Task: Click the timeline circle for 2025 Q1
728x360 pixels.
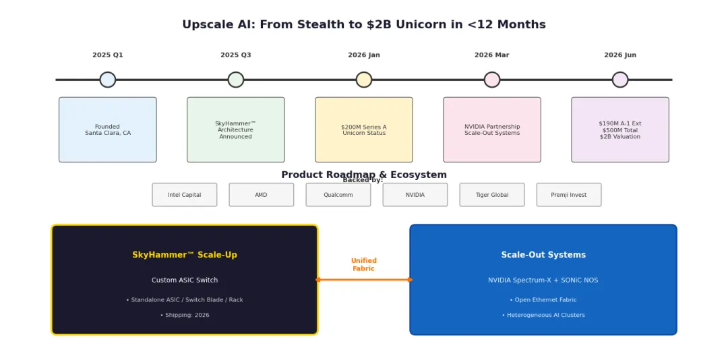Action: click(x=108, y=80)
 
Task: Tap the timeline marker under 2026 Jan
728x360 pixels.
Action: click(x=364, y=80)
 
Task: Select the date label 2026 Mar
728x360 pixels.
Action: click(x=491, y=55)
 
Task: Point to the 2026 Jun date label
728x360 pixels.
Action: click(x=620, y=55)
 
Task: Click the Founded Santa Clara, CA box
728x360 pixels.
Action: click(x=108, y=129)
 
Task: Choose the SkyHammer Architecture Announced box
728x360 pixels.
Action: click(x=236, y=129)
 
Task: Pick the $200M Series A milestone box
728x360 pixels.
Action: click(x=364, y=129)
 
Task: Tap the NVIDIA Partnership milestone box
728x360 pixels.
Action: click(x=492, y=129)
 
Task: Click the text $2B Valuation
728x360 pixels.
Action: click(x=620, y=137)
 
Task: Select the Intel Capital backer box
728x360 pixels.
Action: click(x=184, y=195)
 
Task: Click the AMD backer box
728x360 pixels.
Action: click(x=262, y=195)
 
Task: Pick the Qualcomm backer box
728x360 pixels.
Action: click(x=338, y=195)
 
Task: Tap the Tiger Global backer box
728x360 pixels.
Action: click(x=492, y=195)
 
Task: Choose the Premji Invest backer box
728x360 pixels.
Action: click(x=569, y=195)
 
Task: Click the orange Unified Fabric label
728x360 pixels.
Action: click(x=364, y=265)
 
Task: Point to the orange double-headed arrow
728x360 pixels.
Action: click(x=364, y=280)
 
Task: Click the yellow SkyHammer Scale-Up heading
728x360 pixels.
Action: click(x=185, y=255)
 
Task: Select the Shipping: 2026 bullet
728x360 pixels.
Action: click(x=185, y=315)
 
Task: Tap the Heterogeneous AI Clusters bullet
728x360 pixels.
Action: click(x=543, y=315)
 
